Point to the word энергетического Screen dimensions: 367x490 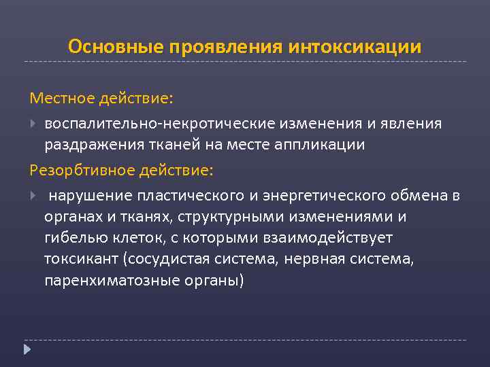[x=310, y=196]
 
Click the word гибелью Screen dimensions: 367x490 [x=72, y=239]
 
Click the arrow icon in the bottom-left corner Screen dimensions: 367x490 [x=27, y=350]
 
